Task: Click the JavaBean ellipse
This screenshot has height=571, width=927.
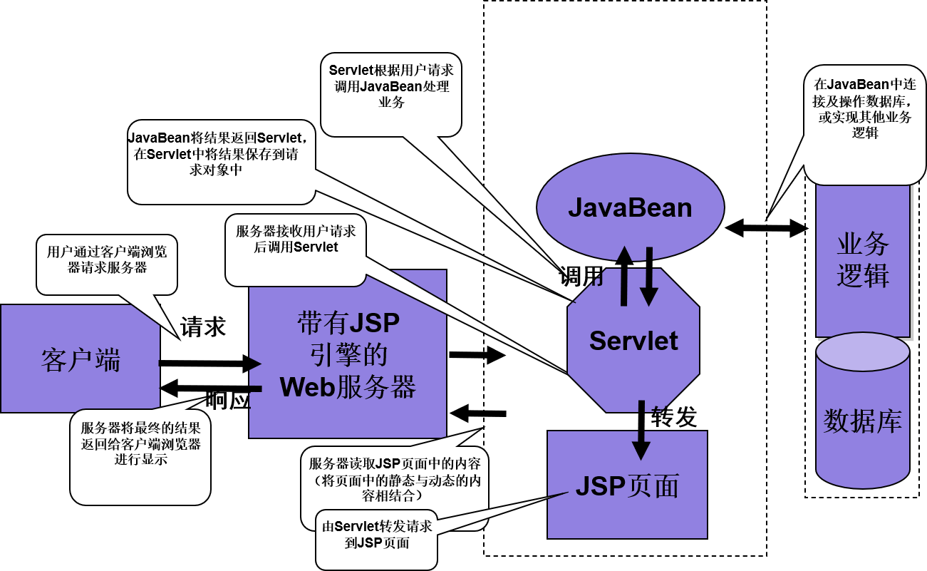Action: click(x=630, y=207)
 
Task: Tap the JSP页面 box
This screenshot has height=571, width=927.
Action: click(x=627, y=486)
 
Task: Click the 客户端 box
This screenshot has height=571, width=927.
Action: click(x=80, y=359)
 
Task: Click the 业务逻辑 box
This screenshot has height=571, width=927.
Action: click(x=863, y=260)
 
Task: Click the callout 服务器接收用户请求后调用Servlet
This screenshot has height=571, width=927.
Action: click(x=296, y=242)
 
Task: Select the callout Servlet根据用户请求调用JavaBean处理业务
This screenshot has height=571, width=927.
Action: click(x=390, y=89)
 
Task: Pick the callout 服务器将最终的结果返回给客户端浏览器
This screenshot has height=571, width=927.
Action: click(x=140, y=449)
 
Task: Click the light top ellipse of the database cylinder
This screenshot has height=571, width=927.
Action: click(x=863, y=352)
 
